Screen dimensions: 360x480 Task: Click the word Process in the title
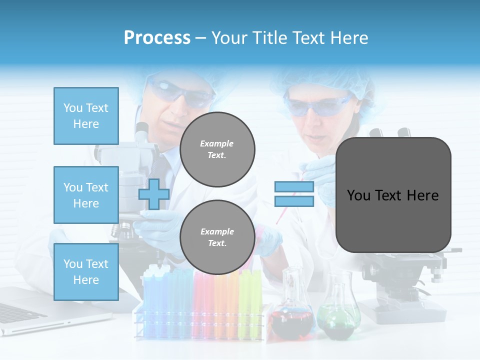[x=157, y=38]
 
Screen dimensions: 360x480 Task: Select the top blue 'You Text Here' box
[x=86, y=116]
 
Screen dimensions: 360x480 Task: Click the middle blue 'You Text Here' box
[x=86, y=195]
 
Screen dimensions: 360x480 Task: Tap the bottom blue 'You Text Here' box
[x=86, y=272]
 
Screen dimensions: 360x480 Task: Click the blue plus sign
[x=153, y=194]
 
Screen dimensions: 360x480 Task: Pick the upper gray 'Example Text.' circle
[x=217, y=149]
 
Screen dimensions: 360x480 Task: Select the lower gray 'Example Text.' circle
[x=217, y=237]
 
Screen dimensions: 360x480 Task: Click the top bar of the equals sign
[x=294, y=187]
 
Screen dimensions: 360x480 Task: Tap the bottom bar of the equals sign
[x=294, y=201]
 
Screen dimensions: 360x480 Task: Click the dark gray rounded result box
[x=393, y=195]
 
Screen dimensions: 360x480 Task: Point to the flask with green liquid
[x=339, y=315]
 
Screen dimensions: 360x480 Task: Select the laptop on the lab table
[x=30, y=310]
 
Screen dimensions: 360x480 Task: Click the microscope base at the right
[x=405, y=310]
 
